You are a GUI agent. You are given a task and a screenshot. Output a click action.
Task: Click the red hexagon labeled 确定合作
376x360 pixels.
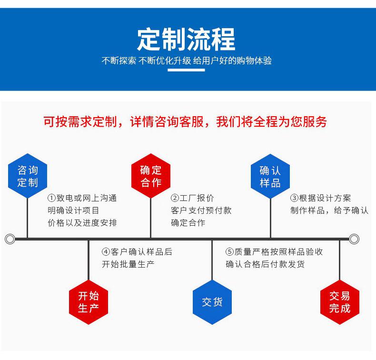click(x=151, y=176)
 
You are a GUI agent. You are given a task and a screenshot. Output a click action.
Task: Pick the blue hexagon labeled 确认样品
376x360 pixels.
click(x=270, y=176)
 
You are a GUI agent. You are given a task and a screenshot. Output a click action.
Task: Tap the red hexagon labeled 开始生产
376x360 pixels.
click(x=89, y=302)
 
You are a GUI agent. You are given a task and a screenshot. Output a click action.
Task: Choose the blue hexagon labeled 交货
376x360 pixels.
click(x=212, y=302)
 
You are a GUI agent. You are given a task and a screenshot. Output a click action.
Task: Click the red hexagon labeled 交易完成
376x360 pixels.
click(x=339, y=302)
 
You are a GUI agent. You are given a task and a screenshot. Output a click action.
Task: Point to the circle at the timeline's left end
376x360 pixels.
click(x=10, y=239)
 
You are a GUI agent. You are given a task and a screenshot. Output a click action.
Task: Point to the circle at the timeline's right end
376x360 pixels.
click(x=354, y=239)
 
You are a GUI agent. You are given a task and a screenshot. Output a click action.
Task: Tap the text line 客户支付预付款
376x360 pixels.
click(x=201, y=210)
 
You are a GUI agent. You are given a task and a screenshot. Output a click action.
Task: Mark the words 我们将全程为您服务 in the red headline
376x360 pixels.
click(x=272, y=122)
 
